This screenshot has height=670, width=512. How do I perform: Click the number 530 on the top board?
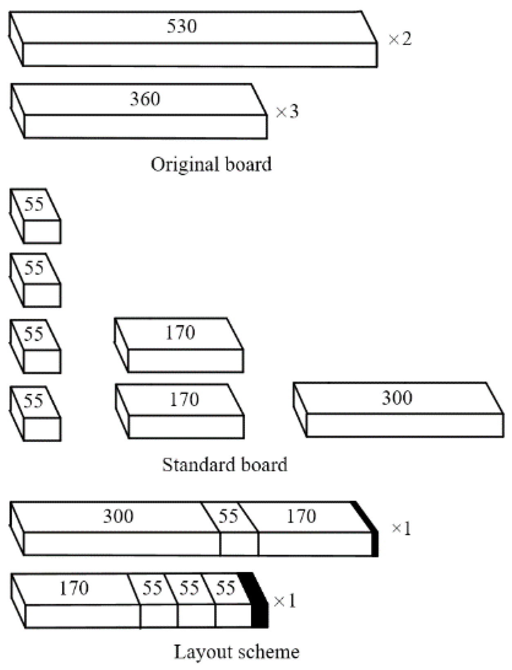[182, 26]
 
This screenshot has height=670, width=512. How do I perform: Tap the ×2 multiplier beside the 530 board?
[400, 39]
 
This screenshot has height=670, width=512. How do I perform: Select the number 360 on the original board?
[145, 99]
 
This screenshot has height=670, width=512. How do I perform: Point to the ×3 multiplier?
[287, 112]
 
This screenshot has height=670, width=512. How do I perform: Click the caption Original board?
[211, 164]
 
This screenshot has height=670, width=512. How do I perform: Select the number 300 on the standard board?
[397, 398]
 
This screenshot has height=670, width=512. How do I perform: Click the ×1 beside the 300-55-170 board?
[401, 528]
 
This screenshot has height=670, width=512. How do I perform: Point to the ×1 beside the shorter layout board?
[284, 601]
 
